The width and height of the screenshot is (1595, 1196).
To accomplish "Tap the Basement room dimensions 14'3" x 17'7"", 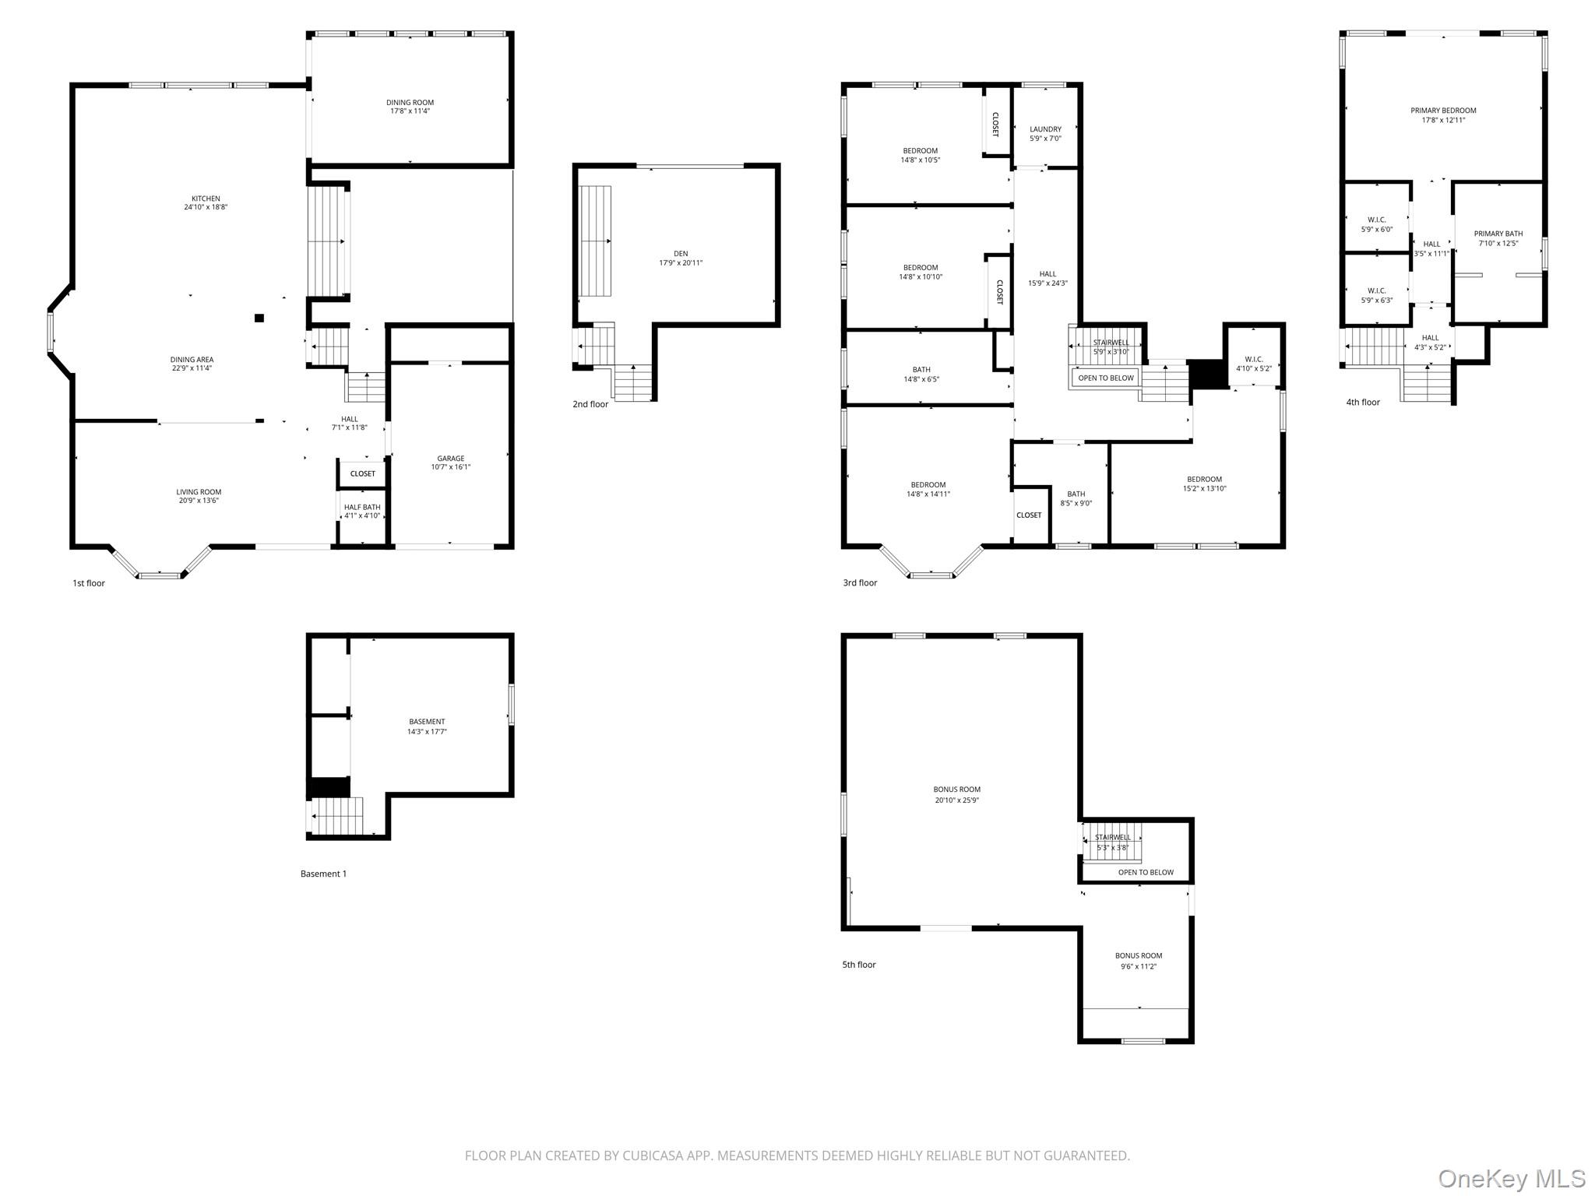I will [427, 732].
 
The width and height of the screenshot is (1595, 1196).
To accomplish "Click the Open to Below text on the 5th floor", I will [1145, 872].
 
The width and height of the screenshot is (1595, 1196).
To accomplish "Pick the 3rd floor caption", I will [860, 582].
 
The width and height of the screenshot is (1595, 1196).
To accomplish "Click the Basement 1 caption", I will [323, 874].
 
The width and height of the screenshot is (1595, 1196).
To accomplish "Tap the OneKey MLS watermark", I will [1511, 1178].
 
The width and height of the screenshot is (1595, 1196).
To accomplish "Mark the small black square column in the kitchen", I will [259, 318].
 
